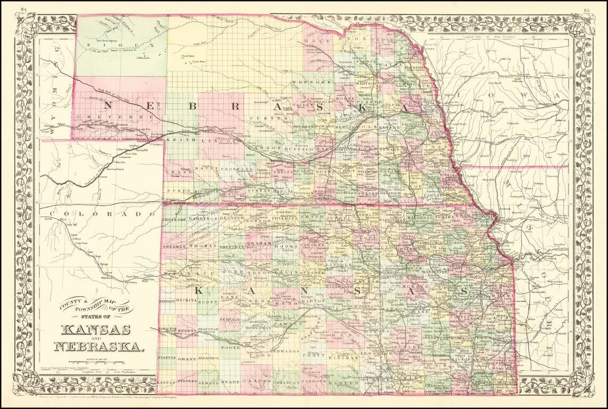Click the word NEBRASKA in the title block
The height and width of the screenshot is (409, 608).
(x=98, y=347)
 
